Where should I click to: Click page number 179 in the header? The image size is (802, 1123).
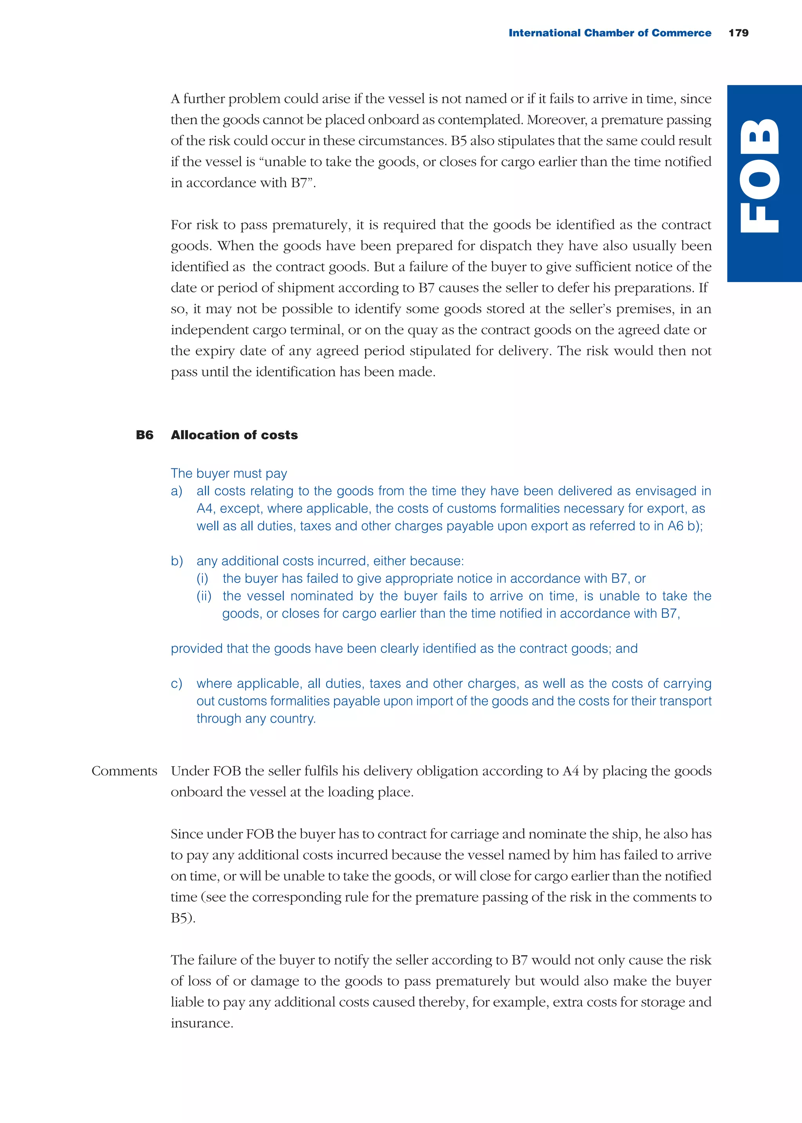pos(738,33)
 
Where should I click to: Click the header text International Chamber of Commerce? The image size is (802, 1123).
pos(609,33)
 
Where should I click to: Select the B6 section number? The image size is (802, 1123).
pos(144,435)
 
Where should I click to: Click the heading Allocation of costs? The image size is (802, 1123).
pos(234,435)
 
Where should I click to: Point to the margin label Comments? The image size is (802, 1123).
pos(124,771)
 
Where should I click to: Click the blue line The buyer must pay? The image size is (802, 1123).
pos(229,473)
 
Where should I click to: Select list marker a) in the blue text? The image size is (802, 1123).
pos(176,491)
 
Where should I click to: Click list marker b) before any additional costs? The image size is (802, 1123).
pos(177,561)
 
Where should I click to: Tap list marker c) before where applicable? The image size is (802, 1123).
pos(176,684)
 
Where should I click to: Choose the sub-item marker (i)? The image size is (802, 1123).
pos(202,578)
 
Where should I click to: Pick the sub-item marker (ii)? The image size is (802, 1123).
pos(204,596)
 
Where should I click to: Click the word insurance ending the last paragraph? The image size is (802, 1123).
pos(201,1023)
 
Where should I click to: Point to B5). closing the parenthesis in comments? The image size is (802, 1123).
pos(183,918)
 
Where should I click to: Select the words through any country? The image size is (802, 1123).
pos(256,718)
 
